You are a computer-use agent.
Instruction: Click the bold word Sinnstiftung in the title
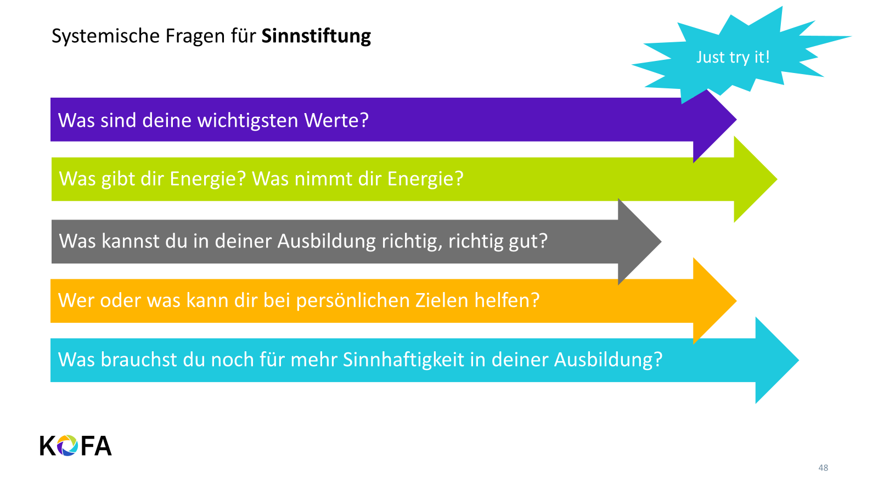click(x=316, y=36)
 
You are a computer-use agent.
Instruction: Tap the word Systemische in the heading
click(x=105, y=36)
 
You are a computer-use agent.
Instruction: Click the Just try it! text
click(x=733, y=58)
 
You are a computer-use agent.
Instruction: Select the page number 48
click(x=823, y=468)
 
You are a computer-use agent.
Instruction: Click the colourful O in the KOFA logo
click(x=67, y=446)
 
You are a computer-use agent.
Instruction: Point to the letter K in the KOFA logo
click(x=48, y=446)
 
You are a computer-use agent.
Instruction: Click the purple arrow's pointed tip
click(x=736, y=119)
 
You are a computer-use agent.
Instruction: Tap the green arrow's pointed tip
click(x=777, y=179)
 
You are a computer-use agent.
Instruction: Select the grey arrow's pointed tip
click(x=662, y=242)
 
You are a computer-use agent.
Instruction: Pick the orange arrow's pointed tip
click(x=736, y=301)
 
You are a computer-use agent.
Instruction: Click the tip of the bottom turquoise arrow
click(x=799, y=360)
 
